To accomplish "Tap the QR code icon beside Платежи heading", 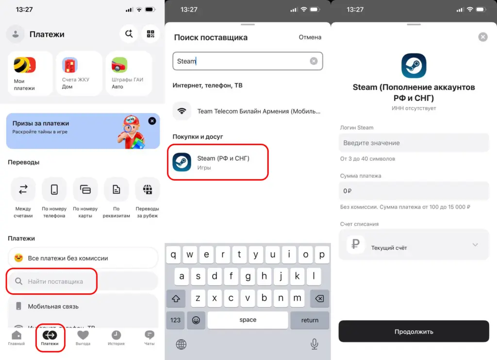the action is click(150, 34).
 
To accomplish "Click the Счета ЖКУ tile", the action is click(79, 73).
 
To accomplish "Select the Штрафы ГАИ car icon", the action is click(119, 65).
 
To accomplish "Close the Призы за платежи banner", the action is click(152, 121).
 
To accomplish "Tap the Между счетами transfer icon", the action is click(23, 189).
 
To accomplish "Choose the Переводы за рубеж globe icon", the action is click(148, 189).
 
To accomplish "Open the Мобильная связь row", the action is click(83, 307).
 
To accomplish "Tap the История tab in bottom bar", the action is click(116, 338).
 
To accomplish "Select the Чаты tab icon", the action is click(149, 335).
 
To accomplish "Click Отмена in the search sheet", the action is click(310, 37).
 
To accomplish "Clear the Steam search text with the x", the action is click(314, 61).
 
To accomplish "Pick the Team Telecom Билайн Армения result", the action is click(248, 111).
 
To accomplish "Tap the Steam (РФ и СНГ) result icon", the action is click(182, 162).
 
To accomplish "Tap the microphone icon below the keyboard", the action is click(314, 344).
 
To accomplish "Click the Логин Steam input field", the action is click(414, 143).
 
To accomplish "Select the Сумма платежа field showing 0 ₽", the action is click(414, 191).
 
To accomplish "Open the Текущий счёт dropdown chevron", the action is click(475, 244).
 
